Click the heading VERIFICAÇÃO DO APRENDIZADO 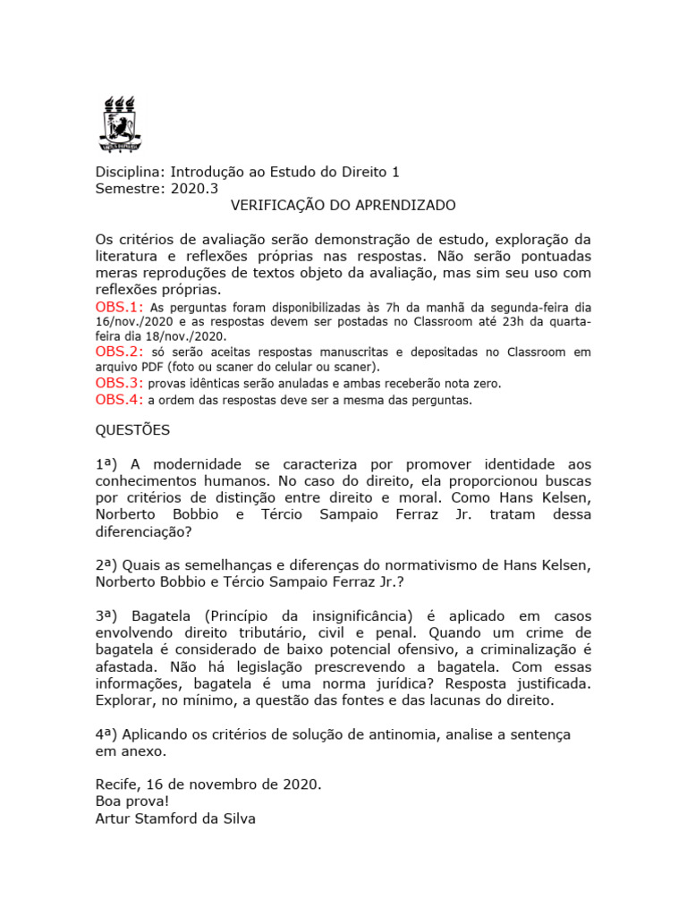343,206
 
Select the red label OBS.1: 118,307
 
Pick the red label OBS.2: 118,352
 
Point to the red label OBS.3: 118,383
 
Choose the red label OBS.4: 118,399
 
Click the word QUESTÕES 132,430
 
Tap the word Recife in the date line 117,785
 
